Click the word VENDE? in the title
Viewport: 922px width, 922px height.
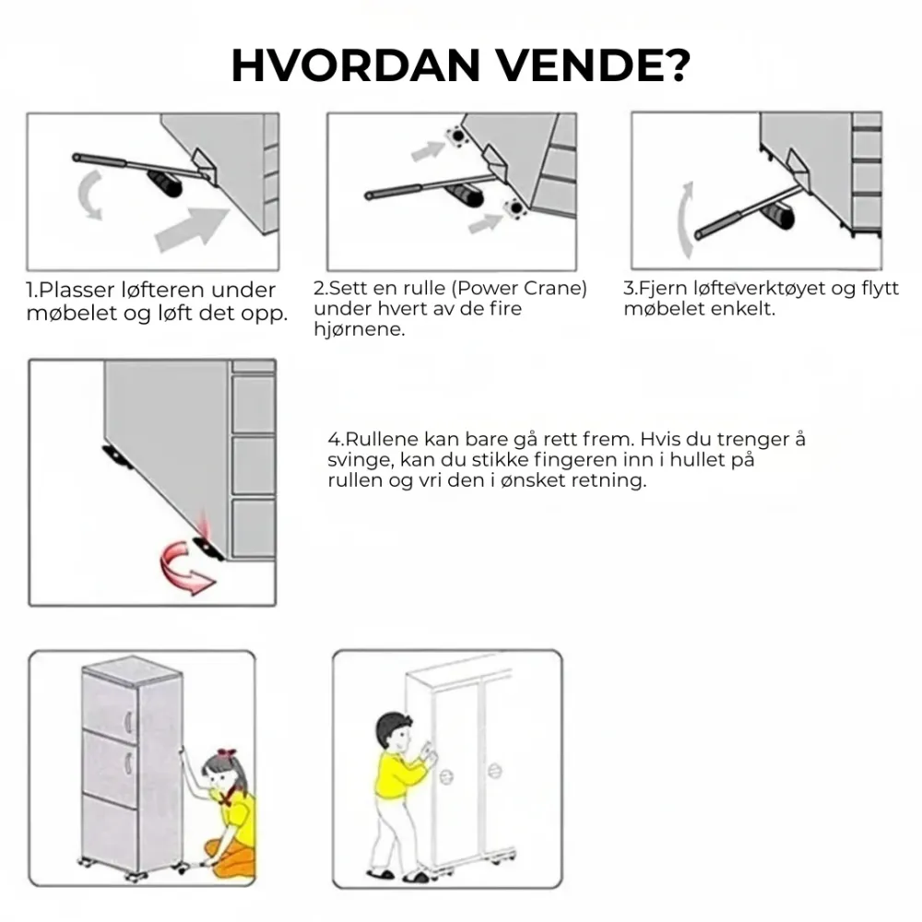594,65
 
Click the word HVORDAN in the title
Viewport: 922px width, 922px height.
356,65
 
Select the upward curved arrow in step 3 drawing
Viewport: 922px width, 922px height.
685,220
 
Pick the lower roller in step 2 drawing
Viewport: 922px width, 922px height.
515,208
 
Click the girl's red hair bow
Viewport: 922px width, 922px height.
226,753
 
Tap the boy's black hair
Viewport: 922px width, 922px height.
393,728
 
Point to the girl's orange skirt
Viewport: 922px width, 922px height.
233,857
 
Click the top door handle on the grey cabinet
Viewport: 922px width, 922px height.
128,721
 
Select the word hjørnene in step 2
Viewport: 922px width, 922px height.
360,329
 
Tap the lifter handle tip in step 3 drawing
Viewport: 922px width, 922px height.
699,235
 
